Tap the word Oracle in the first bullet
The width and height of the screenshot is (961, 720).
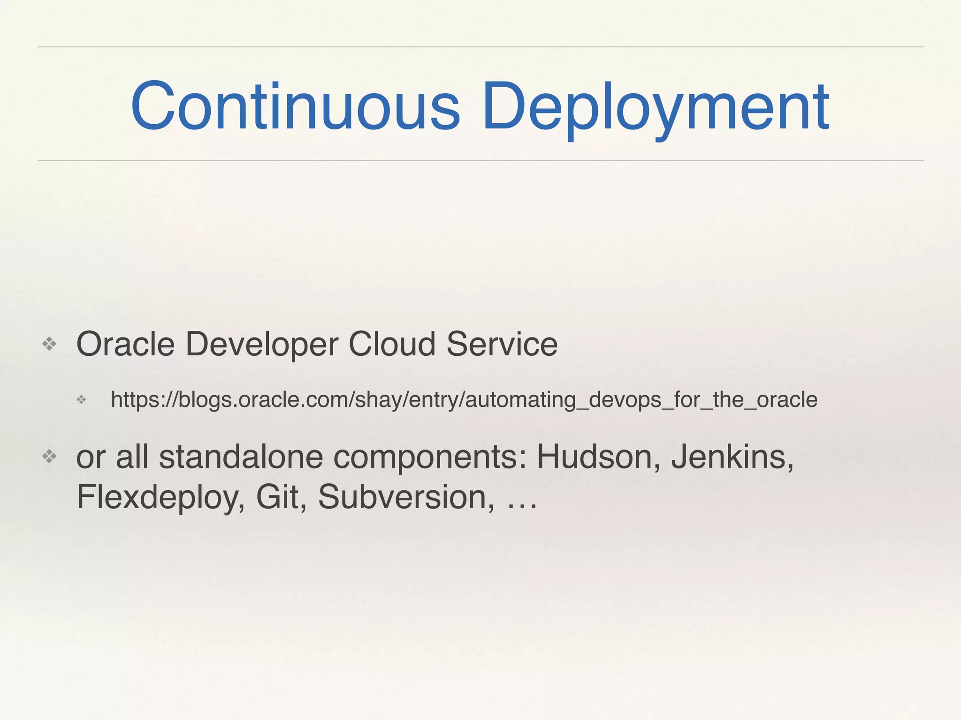[125, 345]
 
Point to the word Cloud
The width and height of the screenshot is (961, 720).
[392, 345]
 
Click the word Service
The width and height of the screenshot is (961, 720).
[502, 345]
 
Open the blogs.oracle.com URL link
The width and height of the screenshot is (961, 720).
[464, 400]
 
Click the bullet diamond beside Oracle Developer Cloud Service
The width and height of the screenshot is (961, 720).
[49, 345]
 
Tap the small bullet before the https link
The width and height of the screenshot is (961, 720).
[82, 400]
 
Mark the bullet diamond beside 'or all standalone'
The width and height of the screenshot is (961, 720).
[49, 456]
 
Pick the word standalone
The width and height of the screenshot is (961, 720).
[241, 457]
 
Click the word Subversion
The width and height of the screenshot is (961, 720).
[406, 497]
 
